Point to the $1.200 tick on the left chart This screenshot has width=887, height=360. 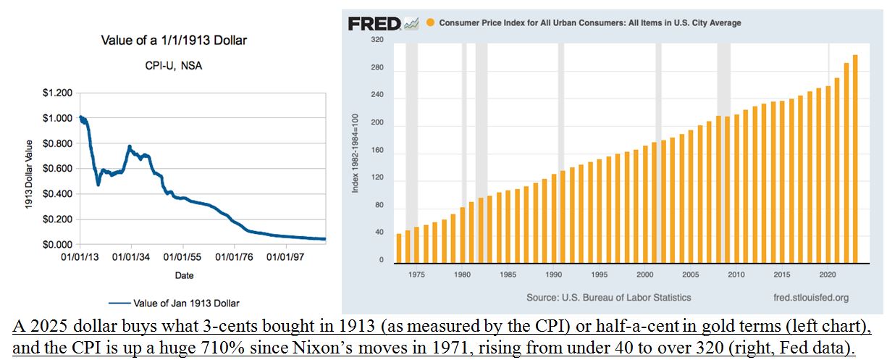pyautogui.click(x=56, y=93)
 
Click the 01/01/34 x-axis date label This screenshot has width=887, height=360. pyautogui.click(x=131, y=257)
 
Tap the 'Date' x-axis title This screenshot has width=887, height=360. pyautogui.click(x=184, y=275)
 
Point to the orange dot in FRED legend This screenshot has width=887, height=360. pyautogui.click(x=430, y=23)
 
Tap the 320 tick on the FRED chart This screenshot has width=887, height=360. pyautogui.click(x=377, y=40)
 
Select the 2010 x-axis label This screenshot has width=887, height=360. pyautogui.click(x=736, y=275)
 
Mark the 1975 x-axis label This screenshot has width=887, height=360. pyautogui.click(x=416, y=275)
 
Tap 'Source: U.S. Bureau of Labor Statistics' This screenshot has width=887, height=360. pyautogui.click(x=609, y=297)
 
